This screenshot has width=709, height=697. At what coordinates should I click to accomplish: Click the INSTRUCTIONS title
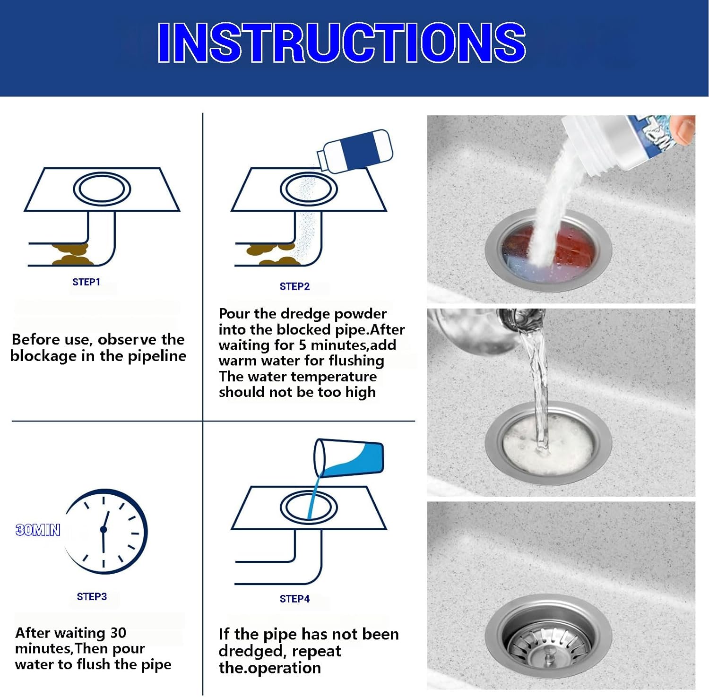pyautogui.click(x=341, y=43)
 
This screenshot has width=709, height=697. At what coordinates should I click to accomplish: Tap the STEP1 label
pyautogui.click(x=86, y=282)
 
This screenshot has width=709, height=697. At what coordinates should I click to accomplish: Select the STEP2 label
pyautogui.click(x=294, y=286)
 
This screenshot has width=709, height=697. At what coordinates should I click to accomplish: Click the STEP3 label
pyautogui.click(x=92, y=597)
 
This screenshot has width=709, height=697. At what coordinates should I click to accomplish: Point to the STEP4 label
pyautogui.click(x=294, y=599)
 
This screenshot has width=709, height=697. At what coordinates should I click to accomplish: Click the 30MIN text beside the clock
pyautogui.click(x=38, y=530)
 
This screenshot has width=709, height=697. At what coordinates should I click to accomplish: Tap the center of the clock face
pyautogui.click(x=104, y=530)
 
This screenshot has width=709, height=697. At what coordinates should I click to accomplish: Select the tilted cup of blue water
pyautogui.click(x=350, y=457)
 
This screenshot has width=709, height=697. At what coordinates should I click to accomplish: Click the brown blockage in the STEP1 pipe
pyautogui.click(x=71, y=254)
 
